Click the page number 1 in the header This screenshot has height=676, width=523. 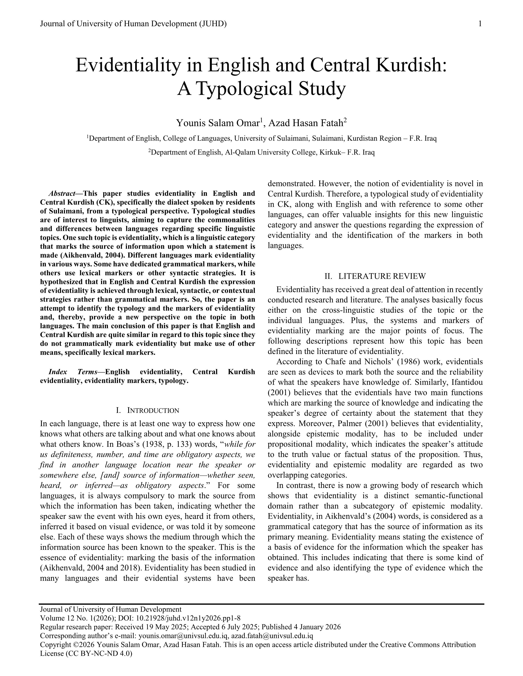click(480, 24)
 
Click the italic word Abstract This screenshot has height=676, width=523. click(62, 194)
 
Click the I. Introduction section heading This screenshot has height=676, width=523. click(147, 411)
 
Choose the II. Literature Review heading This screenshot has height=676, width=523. click(375, 276)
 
